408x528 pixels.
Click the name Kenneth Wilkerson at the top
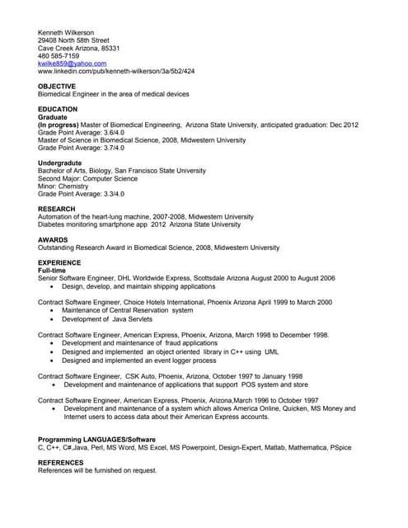point(66,32)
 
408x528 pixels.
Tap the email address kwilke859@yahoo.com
point(73,64)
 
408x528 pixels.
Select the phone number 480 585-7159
point(59,55)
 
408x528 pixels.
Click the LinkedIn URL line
point(116,71)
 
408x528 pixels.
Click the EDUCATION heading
point(58,109)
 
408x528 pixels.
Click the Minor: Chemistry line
point(63,186)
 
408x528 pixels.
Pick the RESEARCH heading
point(57,209)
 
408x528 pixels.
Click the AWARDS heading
point(53,239)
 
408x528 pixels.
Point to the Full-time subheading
point(56,271)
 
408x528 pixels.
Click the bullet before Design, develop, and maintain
point(53,287)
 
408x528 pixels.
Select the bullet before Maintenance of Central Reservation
point(53,310)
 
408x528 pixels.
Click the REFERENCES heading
point(61,463)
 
